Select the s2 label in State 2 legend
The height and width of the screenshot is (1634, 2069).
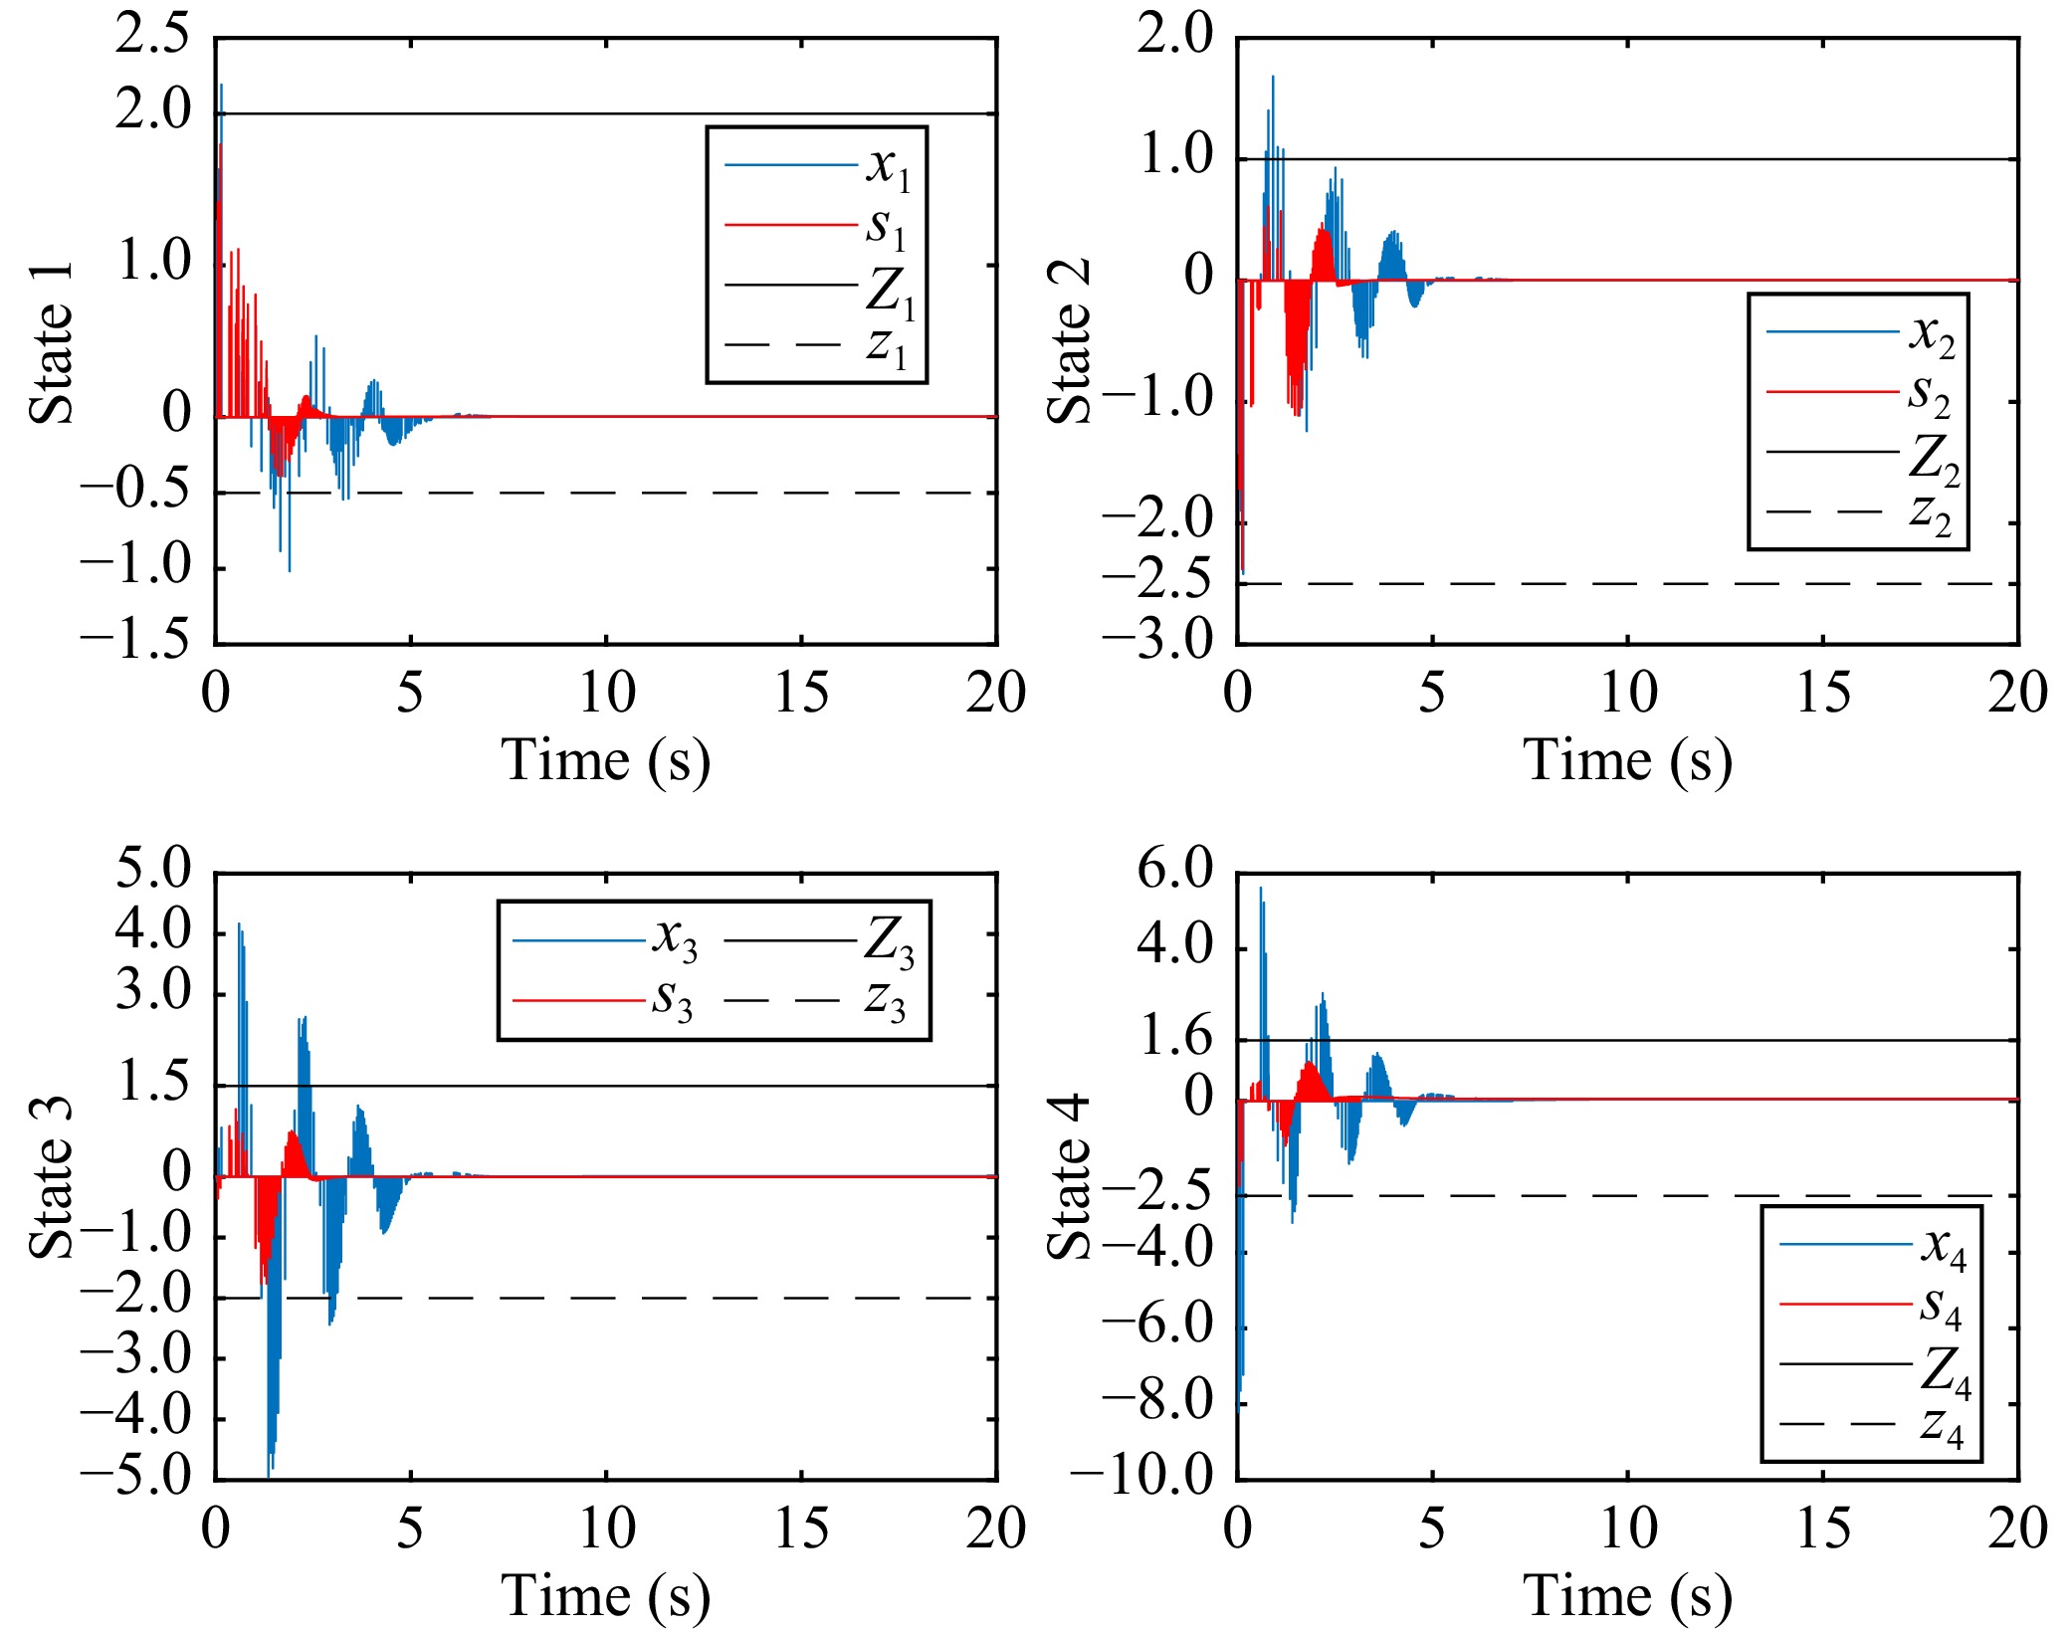coord(1929,395)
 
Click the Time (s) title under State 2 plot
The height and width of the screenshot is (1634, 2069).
coord(1627,761)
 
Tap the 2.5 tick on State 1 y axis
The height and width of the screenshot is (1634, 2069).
coord(151,36)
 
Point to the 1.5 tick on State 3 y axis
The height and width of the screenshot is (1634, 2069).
coord(151,1084)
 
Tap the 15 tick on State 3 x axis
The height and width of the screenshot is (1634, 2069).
coord(801,1529)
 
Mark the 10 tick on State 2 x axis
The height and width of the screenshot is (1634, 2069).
coord(1628,693)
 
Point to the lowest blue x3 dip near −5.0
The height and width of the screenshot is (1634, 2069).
coord(270,1471)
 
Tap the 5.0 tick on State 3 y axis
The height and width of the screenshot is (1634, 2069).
coord(151,870)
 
